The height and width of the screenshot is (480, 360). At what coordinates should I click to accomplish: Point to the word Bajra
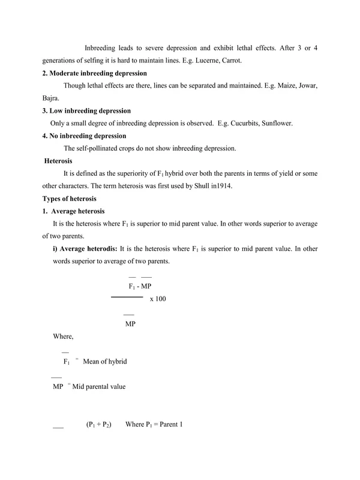pyautogui.click(x=52, y=98)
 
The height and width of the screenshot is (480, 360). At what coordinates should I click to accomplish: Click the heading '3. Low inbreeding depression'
pyautogui.click(x=86, y=111)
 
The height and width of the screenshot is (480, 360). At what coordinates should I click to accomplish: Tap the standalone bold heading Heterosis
pyautogui.click(x=59, y=161)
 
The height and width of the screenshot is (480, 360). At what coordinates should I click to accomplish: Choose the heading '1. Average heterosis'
pyautogui.click(x=74, y=211)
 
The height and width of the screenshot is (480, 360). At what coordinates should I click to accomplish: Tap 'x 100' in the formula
pyautogui.click(x=158, y=298)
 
